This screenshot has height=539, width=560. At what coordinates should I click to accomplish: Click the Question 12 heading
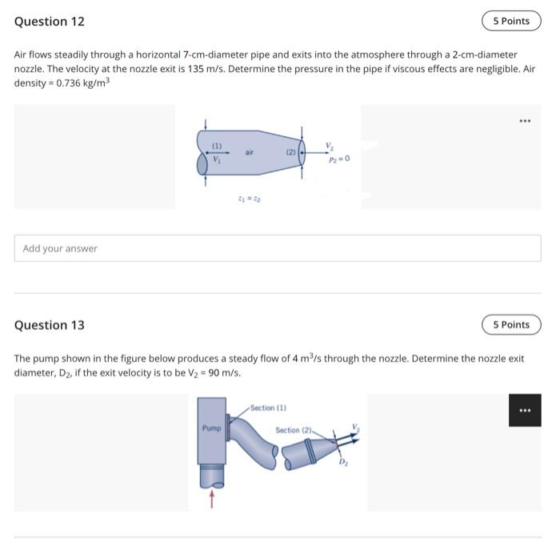click(x=50, y=22)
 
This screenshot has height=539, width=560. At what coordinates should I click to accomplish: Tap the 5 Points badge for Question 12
click(x=511, y=21)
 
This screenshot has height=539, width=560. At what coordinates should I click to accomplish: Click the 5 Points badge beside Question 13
click(x=511, y=324)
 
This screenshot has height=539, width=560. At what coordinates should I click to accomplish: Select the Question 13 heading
click(x=50, y=325)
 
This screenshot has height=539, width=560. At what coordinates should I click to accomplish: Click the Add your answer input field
click(x=278, y=248)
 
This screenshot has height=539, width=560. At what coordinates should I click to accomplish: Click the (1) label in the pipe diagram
click(x=217, y=146)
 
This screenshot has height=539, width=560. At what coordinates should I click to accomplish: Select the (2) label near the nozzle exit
click(x=291, y=152)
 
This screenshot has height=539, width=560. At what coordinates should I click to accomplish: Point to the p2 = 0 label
click(x=339, y=159)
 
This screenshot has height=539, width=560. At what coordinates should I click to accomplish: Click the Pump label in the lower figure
click(x=210, y=428)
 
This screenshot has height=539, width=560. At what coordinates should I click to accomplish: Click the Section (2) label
click(x=293, y=430)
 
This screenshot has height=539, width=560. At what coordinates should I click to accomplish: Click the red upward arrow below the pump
click(x=212, y=500)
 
